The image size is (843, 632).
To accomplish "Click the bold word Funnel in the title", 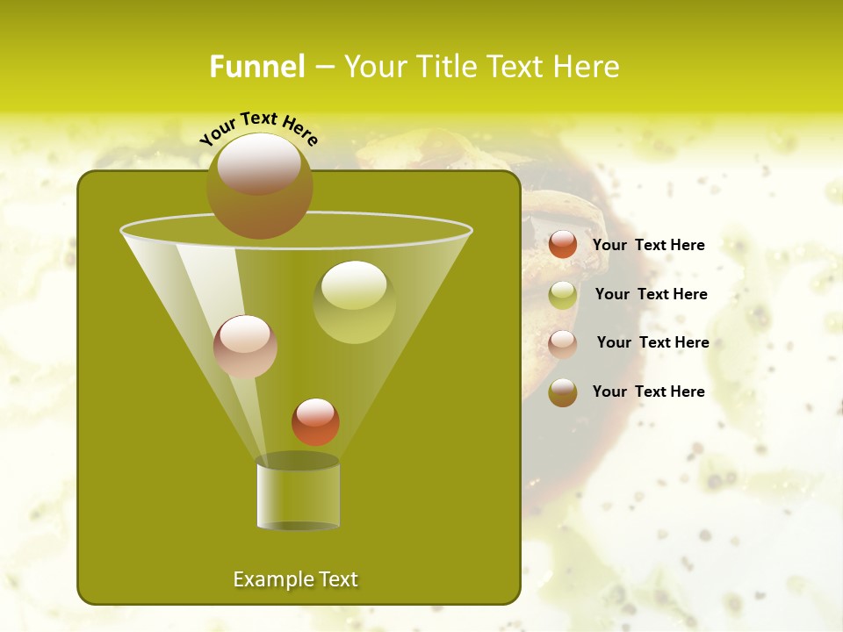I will (x=256, y=67).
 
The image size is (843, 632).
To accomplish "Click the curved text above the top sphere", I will (x=258, y=128).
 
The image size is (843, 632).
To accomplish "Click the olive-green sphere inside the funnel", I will (x=354, y=302).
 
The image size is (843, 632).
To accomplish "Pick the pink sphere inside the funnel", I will (x=245, y=347).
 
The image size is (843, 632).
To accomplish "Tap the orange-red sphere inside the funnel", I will (x=315, y=421).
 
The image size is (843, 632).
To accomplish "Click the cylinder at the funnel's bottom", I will (x=298, y=494).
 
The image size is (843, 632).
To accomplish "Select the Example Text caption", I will (x=295, y=579).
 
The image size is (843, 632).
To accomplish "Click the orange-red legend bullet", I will (x=563, y=245).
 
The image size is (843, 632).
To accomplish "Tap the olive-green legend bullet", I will (x=563, y=295).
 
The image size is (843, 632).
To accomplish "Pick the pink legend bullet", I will (x=563, y=343).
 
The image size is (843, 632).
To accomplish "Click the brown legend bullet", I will (x=563, y=392).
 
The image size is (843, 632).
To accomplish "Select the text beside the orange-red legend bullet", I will (x=648, y=245).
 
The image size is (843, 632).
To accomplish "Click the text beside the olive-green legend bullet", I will (x=651, y=294).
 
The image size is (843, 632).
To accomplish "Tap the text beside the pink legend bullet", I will (x=652, y=342).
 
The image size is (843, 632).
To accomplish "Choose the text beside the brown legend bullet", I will (x=648, y=391).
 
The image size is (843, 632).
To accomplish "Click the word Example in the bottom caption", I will (x=270, y=579).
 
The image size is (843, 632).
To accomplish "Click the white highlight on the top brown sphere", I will (x=259, y=163).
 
